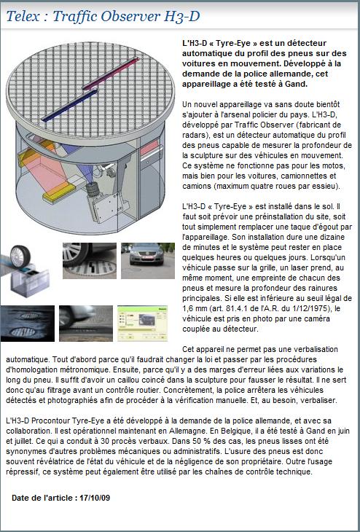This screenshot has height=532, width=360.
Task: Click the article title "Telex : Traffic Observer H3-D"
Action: pyautogui.click(x=103, y=16)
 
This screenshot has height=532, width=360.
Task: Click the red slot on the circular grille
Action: pyautogui.click(x=111, y=74)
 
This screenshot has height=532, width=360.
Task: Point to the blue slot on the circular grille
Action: pyautogui.click(x=69, y=105)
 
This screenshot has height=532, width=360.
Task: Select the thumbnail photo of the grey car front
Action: pyautogui.click(x=148, y=261)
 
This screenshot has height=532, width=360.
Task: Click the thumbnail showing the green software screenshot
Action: pyautogui.click(x=143, y=324)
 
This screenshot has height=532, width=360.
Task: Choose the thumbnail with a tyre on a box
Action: pyautogui.click(x=25, y=270)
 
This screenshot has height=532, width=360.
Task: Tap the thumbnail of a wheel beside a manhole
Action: pyautogui.click(x=90, y=261)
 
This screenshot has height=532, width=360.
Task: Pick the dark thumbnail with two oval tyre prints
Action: pyautogui.click(x=28, y=324)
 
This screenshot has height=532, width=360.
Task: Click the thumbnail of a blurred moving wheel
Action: pyautogui.click(x=86, y=324)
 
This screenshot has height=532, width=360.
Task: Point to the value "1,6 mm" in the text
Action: pyautogui.click(x=194, y=308)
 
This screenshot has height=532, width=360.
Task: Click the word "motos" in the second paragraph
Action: pyautogui.click(x=334, y=165)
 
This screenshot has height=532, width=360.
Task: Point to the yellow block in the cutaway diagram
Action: pyautogui.click(x=59, y=192)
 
